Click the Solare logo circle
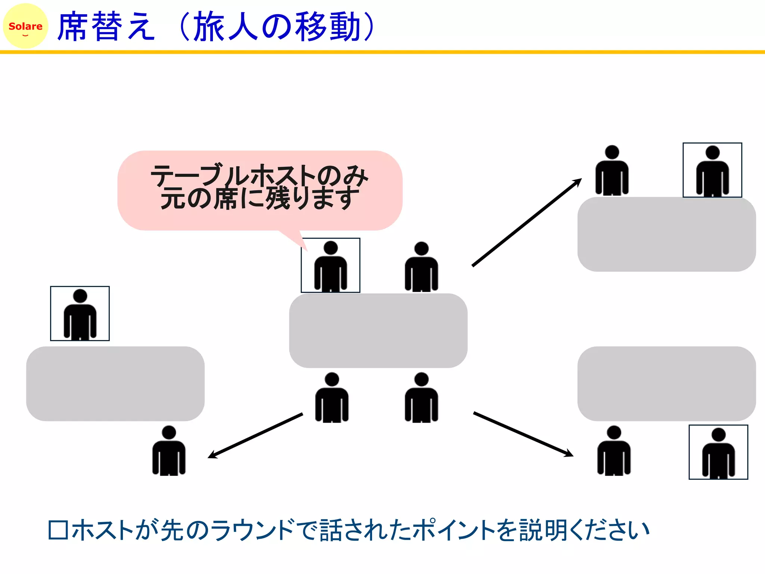(x=25, y=26)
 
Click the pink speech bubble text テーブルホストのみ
(x=259, y=175)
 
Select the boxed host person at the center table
(x=331, y=265)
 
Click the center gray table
(x=378, y=330)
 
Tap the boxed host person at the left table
(x=80, y=314)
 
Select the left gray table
(x=115, y=383)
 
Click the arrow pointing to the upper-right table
(x=527, y=222)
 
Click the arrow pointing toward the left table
(x=255, y=435)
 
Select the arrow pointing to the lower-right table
(x=523, y=434)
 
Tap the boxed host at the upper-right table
(x=712, y=170)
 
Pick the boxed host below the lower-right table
(x=718, y=452)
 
